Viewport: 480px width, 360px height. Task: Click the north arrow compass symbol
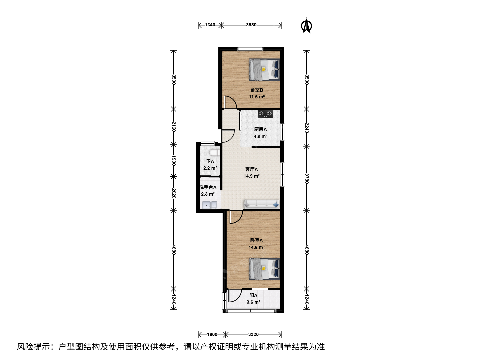(306, 26)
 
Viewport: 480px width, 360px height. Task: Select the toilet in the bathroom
(214, 152)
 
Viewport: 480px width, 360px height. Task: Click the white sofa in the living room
(262, 204)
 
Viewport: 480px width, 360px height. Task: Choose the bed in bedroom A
(264, 269)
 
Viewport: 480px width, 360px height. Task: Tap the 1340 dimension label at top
(210, 25)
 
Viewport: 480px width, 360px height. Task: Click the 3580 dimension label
(251, 25)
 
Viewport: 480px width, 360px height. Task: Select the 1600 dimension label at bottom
(212, 334)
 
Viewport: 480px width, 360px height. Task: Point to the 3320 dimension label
(253, 334)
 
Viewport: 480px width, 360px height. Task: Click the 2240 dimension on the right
(307, 128)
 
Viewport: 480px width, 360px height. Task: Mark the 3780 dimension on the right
(307, 179)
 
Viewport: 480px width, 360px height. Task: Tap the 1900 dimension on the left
(174, 160)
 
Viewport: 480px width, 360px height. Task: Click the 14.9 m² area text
(251, 176)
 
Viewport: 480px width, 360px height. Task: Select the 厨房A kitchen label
(260, 129)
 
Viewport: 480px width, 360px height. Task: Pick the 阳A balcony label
(253, 295)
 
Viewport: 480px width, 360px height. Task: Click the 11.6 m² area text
(257, 97)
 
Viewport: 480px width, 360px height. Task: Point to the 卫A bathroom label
(210, 161)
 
